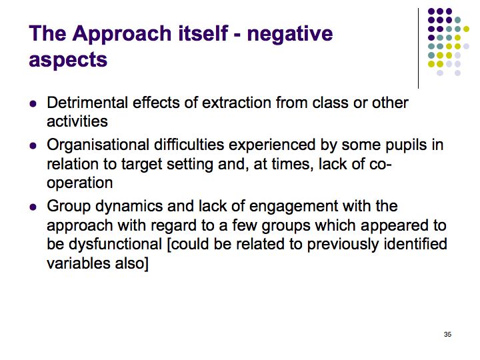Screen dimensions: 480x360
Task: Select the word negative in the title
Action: point(290,34)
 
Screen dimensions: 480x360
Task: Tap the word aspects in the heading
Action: point(68,60)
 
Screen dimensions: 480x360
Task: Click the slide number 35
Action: point(447,334)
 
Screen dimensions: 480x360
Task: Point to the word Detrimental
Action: point(87,103)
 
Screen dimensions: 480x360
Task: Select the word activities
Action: point(77,121)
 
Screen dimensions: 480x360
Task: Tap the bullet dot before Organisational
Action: point(33,146)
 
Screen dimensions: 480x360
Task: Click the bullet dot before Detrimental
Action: point(33,103)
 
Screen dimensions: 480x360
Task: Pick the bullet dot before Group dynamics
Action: point(33,207)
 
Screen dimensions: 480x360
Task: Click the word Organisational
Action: point(98,145)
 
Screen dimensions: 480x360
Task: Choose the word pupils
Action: point(406,145)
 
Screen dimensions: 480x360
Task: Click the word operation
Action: point(79,183)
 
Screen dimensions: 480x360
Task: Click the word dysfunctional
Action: point(115,244)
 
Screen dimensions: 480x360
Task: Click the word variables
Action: point(79,263)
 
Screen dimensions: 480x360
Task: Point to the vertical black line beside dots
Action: point(418,49)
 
